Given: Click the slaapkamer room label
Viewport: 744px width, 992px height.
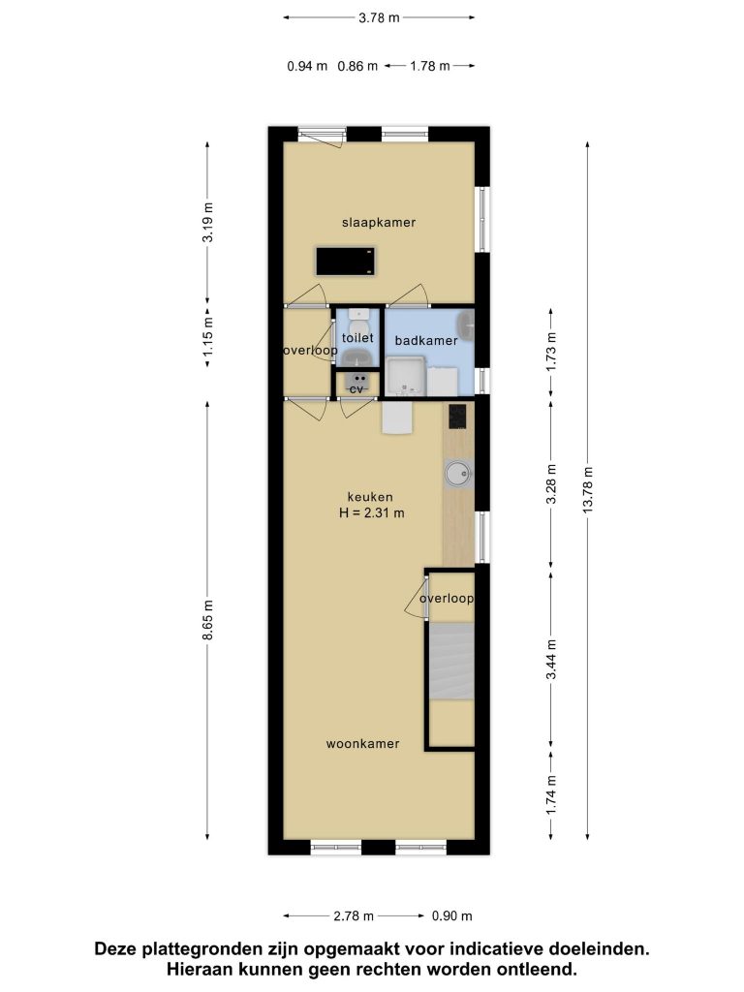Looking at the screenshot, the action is point(379,223).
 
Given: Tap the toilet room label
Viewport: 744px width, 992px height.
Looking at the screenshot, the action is point(357,338).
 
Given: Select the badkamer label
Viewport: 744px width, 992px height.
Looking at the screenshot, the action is point(426,340).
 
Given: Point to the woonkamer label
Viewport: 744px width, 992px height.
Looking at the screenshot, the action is point(362,744).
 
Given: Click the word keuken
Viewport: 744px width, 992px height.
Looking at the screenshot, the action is point(370,497).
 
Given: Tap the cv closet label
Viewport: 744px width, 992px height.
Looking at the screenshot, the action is point(356,389).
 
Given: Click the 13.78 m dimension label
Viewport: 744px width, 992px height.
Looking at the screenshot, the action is point(588,490).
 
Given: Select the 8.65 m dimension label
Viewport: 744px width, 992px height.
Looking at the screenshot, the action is point(208,620).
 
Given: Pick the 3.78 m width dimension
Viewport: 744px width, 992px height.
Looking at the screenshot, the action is point(379,17).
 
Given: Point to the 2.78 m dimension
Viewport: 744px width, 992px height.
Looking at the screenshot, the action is point(353,916).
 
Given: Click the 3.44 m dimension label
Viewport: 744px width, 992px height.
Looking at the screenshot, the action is point(551,659).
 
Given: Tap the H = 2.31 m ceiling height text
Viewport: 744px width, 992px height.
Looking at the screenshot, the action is point(371,513).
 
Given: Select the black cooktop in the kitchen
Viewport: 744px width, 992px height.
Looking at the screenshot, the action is point(457,417).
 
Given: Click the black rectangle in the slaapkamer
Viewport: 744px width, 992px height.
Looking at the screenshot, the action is point(346,262).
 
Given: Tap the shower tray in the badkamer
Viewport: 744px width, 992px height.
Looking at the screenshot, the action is point(406,377).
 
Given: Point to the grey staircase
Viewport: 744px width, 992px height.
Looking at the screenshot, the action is point(451,661).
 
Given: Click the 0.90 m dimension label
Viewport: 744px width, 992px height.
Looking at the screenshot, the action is point(451,916).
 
